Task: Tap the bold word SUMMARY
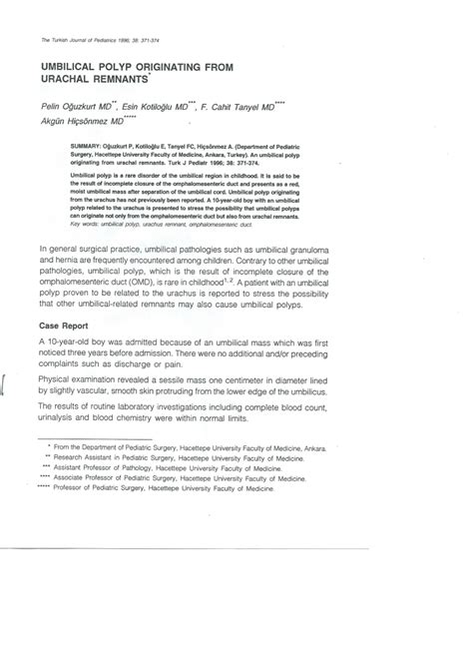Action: [90, 145]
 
